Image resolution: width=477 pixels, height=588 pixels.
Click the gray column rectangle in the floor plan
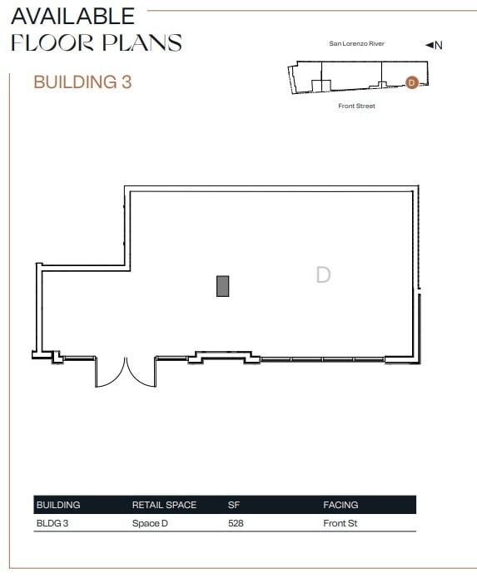coord(222,285)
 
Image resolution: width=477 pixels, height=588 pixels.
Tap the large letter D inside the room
coord(323,274)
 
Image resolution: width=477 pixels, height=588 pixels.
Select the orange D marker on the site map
coord(410,82)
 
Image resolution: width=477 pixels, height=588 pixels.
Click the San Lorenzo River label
coord(356,43)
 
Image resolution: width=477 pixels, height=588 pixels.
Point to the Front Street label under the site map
coord(356,106)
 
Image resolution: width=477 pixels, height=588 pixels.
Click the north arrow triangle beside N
coord(430,45)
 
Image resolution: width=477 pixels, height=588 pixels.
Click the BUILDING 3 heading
coord(82,82)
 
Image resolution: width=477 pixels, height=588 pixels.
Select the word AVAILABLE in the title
coord(73,15)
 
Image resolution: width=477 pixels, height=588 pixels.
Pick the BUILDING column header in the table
coord(58,505)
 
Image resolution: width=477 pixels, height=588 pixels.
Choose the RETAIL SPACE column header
coord(164,505)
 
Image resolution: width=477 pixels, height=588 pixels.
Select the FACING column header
coord(340,505)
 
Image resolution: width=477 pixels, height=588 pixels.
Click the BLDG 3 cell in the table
coord(52,524)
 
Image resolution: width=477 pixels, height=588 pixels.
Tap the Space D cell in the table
coord(150,524)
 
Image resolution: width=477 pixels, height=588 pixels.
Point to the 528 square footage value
coord(236,524)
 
